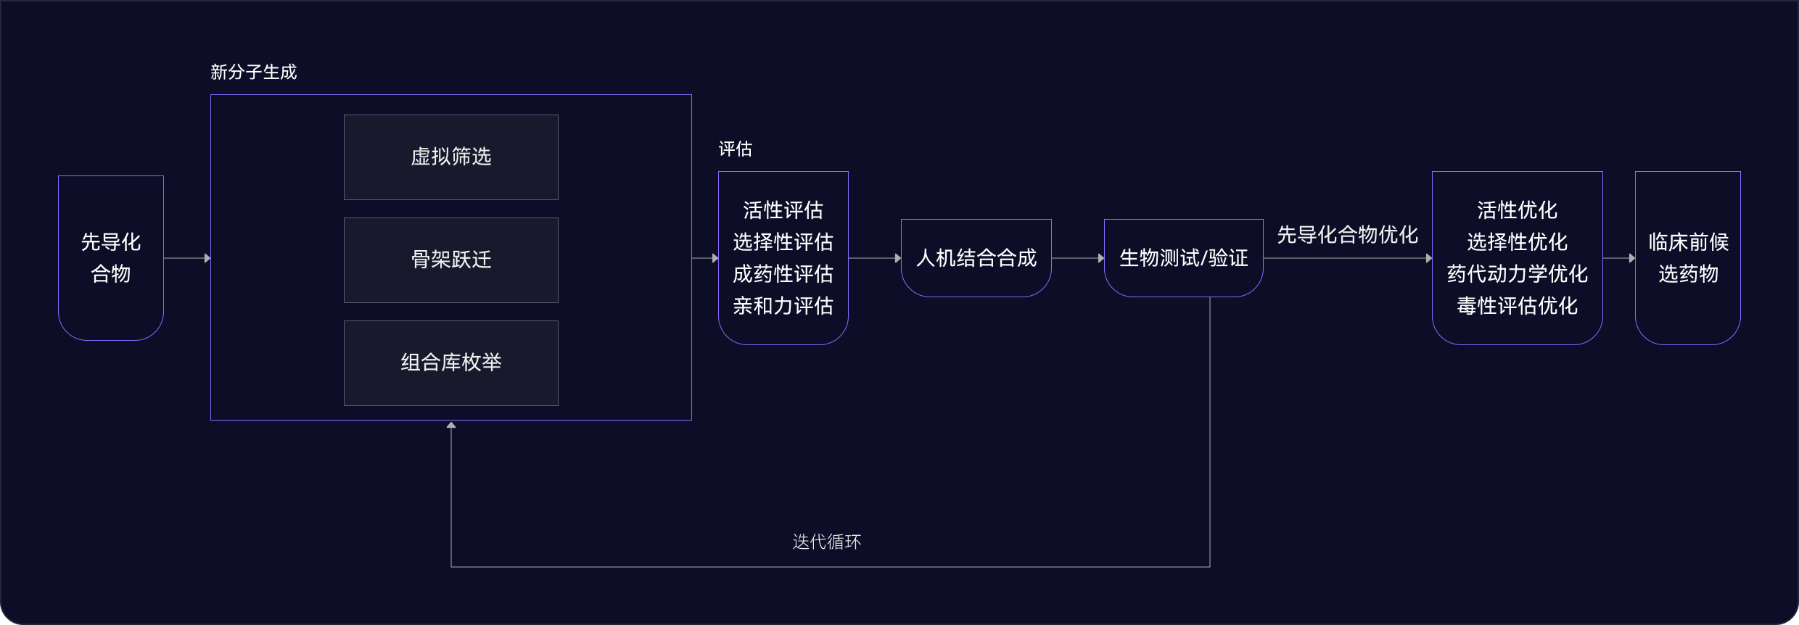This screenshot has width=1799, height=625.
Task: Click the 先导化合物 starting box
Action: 111,257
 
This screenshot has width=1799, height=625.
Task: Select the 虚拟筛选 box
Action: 451,157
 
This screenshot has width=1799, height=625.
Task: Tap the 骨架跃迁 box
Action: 451,260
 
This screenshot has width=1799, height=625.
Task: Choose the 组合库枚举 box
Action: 451,363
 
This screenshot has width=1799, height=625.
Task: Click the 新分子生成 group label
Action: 254,72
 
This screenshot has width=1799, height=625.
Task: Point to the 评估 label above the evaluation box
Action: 736,149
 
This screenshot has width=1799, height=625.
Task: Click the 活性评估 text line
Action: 783,210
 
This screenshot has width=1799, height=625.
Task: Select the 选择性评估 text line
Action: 783,242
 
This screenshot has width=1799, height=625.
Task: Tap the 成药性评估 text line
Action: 783,274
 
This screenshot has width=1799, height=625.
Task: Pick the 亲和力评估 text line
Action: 783,306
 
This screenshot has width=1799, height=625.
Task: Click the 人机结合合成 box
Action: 976,258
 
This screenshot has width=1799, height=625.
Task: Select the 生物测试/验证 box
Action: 1184,258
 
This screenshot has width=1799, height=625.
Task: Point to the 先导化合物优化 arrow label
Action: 1347,235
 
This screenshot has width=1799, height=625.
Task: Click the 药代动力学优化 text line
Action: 1518,274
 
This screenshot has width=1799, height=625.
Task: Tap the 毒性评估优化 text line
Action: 1518,306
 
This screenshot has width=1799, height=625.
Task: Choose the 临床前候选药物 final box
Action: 1688,258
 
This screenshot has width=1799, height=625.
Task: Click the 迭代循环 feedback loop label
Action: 827,542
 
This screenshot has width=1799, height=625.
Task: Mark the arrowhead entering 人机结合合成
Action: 897,258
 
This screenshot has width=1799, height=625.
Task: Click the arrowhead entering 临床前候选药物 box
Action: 1631,258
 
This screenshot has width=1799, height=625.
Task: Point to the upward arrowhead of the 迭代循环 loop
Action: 451,426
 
